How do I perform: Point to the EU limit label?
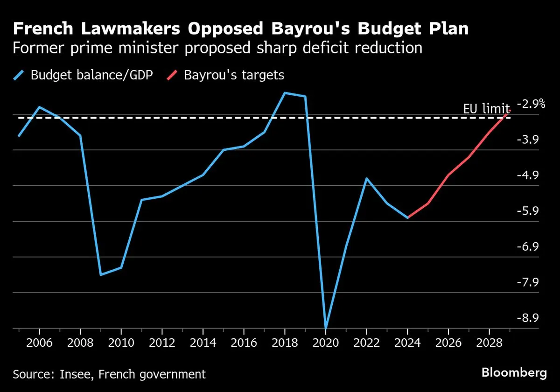(486, 109)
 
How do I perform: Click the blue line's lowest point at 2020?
(326, 328)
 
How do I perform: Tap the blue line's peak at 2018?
(285, 93)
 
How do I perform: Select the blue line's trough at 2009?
(101, 275)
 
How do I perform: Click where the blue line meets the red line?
(408, 217)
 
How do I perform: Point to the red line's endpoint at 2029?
(510, 111)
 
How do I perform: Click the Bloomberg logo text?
(514, 373)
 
